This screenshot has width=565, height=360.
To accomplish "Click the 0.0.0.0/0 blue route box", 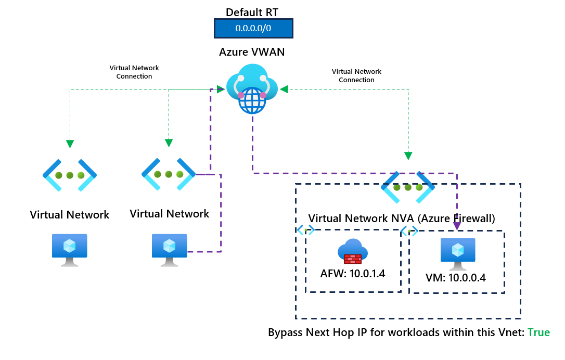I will pos(253,29).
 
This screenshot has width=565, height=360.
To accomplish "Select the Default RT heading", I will pos(253,11).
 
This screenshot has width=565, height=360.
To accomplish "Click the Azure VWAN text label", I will pos(252,52).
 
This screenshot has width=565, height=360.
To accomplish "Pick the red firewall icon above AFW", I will pos(353,252).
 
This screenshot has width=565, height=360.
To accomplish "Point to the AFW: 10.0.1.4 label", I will pos(353,274).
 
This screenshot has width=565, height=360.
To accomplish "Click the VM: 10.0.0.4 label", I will pos(455,277).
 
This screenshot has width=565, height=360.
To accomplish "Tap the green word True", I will pos(538,332).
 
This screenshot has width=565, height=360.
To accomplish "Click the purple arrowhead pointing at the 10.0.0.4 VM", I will pos(457,226).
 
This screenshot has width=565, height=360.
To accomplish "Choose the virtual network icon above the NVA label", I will pos(408,187).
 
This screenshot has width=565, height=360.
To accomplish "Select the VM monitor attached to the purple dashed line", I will pos(169,249).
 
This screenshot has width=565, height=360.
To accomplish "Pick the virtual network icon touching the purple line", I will pos(169,174).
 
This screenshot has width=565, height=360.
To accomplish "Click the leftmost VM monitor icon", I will pos(69,249).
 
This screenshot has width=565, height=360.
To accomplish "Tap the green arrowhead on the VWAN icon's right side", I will pos(284,89).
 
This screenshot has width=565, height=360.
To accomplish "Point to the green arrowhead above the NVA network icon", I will pos(408,156).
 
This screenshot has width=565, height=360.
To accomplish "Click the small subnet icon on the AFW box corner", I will pos(304,230).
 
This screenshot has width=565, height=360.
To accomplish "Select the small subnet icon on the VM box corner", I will pos(409,231).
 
